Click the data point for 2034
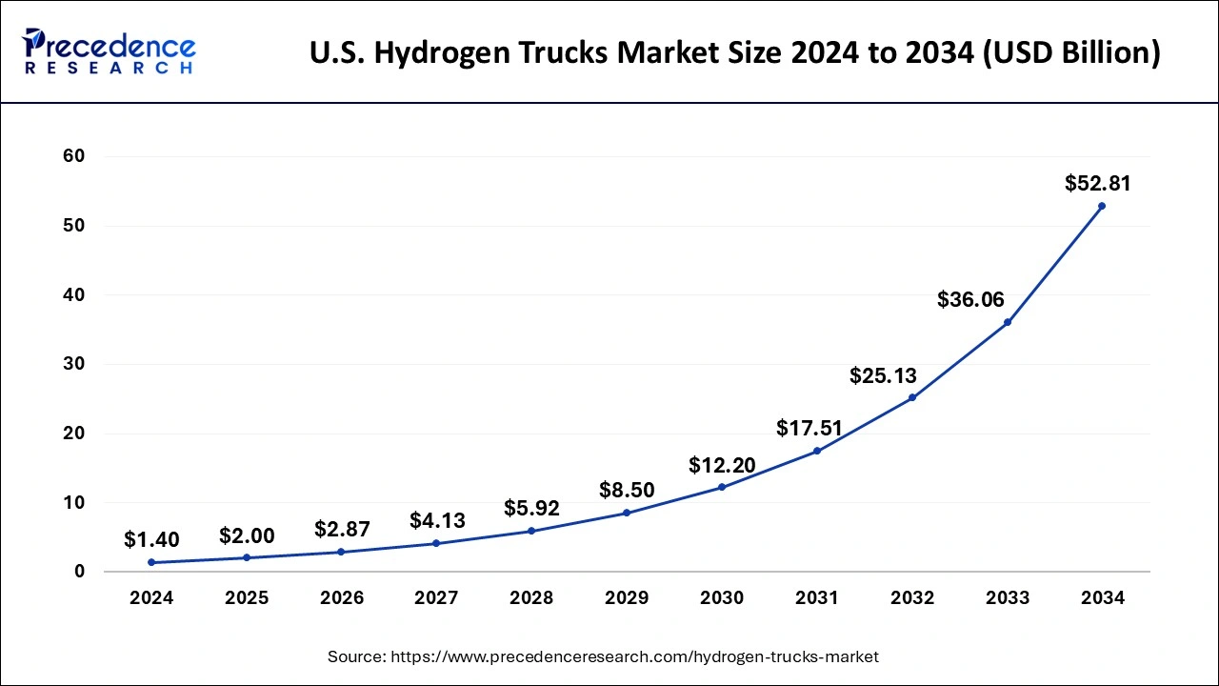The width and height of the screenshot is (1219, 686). [1102, 206]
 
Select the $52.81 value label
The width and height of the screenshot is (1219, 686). [1097, 183]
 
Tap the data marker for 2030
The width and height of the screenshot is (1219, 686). [722, 487]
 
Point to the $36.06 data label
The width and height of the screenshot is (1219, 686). [970, 300]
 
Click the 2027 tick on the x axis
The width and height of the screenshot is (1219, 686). [436, 598]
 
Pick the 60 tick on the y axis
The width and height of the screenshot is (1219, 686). [73, 156]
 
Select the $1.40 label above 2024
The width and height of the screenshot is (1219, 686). [151, 540]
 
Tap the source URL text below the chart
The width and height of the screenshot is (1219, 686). [603, 656]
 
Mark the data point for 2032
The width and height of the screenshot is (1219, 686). [912, 397]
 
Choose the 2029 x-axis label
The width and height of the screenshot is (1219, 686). [627, 598]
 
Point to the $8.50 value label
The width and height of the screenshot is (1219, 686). [627, 491]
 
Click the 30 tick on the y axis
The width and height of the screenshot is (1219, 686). [73, 364]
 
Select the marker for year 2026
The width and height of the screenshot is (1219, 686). [341, 552]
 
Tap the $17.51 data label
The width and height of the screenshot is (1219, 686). [809, 429]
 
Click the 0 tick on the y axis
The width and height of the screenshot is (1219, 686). [80, 572]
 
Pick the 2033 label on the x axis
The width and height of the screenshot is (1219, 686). [1008, 598]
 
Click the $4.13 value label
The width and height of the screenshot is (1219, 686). [437, 521]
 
